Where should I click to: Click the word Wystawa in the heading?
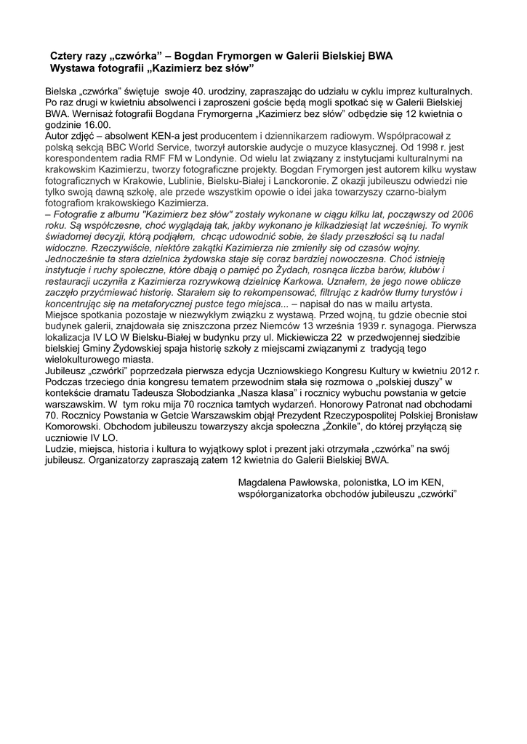coord(71,68)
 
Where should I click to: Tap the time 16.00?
coord(94,124)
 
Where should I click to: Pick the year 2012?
coord(454,371)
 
